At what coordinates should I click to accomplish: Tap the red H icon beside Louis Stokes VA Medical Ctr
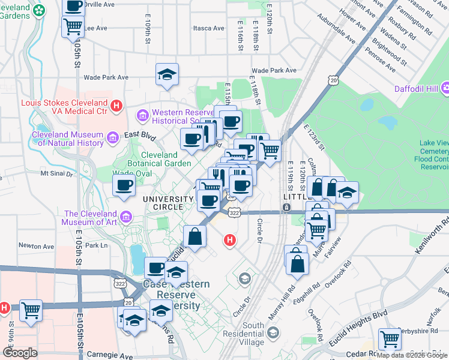click(118, 107)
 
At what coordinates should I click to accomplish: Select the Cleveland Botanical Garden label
click(159, 158)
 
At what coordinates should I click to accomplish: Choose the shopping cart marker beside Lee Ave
click(73, 26)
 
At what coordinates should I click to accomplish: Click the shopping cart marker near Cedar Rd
click(390, 339)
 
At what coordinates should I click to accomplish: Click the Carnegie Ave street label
click(109, 355)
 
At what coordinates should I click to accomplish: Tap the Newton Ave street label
click(36, 245)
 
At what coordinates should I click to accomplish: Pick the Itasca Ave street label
click(208, 28)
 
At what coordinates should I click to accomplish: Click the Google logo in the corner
click(20, 353)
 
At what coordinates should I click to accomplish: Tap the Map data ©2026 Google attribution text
click(412, 355)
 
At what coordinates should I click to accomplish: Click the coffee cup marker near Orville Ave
click(73, 7)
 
